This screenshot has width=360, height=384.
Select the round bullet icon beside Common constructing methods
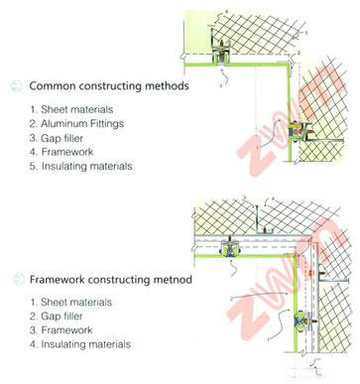17,86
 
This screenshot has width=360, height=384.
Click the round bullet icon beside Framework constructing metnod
19,279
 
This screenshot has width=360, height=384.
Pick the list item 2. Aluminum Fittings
76,124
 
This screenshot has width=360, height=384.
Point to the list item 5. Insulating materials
80,166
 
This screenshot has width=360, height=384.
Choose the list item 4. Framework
61,152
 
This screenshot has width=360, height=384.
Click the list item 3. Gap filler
56,138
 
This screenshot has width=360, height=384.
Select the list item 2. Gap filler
56,316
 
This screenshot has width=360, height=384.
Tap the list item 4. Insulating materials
80,344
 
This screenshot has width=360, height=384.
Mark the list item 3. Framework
60,330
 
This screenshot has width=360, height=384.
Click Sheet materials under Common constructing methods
76,109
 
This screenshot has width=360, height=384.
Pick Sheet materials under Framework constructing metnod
76,302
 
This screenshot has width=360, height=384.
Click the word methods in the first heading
167,86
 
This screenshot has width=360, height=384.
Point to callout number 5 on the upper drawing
306,33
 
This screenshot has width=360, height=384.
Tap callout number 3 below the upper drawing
221,85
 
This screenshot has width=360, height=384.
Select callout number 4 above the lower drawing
273,198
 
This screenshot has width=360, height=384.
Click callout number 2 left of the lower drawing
231,299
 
